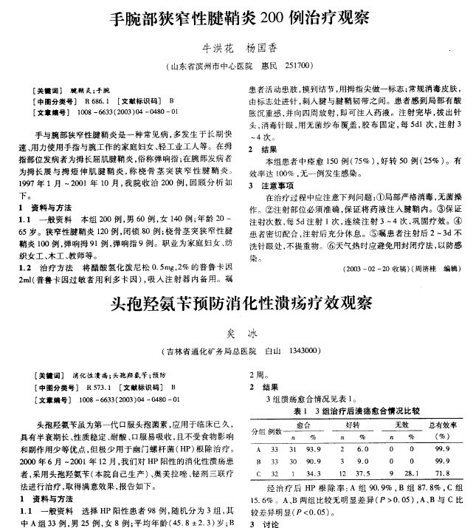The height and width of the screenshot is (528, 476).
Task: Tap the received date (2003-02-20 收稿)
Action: [370, 270]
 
